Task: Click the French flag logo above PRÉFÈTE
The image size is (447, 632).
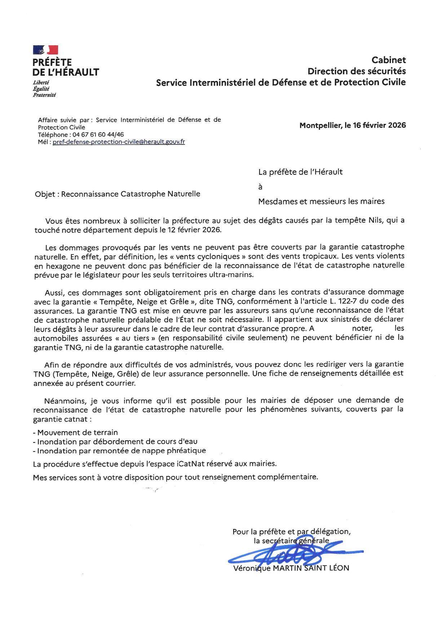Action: pyautogui.click(x=45, y=50)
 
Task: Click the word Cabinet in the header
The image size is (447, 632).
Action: pyautogui.click(x=389, y=60)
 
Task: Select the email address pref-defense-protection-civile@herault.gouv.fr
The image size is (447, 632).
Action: pyautogui.click(x=119, y=142)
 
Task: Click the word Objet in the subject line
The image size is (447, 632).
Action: pyautogui.click(x=45, y=194)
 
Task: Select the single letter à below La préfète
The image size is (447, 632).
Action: pyautogui.click(x=260, y=187)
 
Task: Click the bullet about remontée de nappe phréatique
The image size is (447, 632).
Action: pyautogui.click(x=121, y=451)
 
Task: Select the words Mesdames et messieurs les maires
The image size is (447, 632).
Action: pyautogui.click(x=321, y=201)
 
